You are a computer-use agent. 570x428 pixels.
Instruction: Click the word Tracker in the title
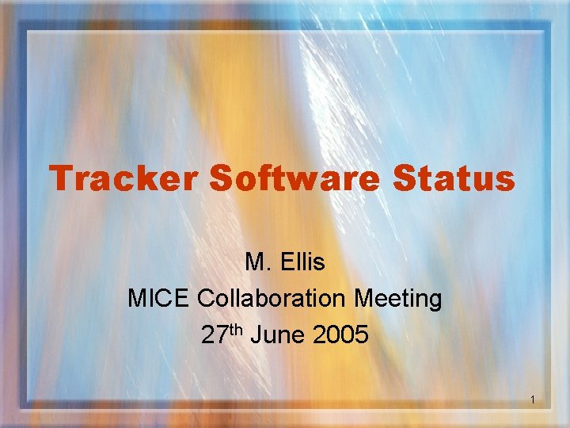(x=124, y=178)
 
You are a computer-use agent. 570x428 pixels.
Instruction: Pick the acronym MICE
(x=159, y=299)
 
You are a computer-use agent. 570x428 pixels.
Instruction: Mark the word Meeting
(x=398, y=299)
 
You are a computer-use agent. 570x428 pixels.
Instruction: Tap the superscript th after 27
(x=235, y=330)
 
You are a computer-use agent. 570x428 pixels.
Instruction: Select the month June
(x=278, y=335)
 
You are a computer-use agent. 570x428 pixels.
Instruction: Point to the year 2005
(x=340, y=335)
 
